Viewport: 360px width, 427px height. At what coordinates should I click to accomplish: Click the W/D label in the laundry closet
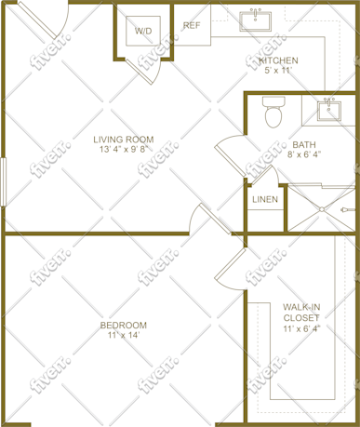pos(143,31)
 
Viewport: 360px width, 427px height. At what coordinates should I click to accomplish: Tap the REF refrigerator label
pos(192,25)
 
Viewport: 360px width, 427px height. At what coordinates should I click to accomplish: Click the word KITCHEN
pos(278,60)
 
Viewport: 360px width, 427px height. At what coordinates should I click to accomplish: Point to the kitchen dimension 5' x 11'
pos(277,71)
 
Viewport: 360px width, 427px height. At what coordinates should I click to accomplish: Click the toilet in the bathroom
pos(273,112)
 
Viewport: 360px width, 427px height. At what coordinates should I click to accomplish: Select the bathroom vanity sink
pos(328,110)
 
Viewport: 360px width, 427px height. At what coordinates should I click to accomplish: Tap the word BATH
pos(304,144)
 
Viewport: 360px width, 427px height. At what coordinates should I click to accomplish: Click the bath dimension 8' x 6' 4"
pos(304,154)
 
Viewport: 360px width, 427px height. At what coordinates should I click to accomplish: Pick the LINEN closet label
pos(265,199)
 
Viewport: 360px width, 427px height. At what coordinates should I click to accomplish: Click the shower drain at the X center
pos(323,209)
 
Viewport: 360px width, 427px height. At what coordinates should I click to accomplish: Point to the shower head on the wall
pos(347,210)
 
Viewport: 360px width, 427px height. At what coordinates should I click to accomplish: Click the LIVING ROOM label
pos(124,140)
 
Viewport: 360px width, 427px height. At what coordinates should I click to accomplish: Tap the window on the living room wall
pos(3,182)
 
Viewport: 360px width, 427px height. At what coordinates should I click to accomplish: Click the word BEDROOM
pos(124,326)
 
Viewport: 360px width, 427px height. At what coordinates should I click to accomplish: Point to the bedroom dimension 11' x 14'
pos(124,335)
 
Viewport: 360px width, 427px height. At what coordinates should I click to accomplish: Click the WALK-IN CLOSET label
pos(301,313)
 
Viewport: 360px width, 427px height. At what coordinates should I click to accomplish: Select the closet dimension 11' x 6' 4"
pos(301,328)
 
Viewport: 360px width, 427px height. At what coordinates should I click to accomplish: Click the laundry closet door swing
pos(146,71)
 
